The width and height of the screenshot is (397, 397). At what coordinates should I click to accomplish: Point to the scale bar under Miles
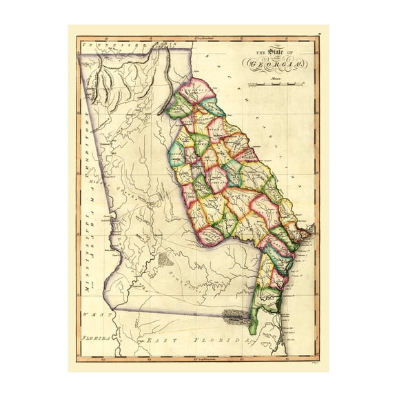(278, 85)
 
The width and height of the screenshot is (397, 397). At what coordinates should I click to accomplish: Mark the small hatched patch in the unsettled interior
(164, 260)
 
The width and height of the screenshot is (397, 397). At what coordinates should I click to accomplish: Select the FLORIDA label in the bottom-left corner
(93, 340)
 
